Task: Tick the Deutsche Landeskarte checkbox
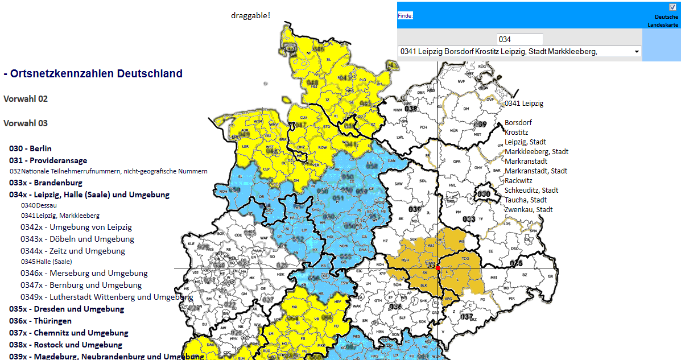(673, 7)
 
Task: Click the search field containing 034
(520, 39)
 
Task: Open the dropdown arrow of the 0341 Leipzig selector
(636, 52)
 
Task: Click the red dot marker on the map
(438, 267)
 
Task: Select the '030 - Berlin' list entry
(30, 148)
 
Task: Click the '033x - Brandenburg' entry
(46, 183)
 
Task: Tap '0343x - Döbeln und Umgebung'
(77, 239)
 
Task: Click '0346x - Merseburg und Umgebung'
(84, 273)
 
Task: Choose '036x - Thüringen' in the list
(40, 321)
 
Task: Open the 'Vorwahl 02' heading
(26, 99)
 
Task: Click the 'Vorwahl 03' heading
(26, 123)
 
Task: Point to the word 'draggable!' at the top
(250, 15)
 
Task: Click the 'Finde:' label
(405, 16)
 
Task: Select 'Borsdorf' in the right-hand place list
(518, 123)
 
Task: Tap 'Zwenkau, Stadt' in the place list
(529, 210)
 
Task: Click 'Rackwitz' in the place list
(519, 181)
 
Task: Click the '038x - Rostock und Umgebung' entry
(65, 345)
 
